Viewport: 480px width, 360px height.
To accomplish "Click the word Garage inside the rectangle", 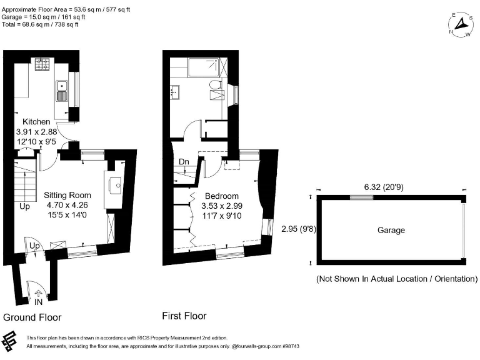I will click(x=391, y=230).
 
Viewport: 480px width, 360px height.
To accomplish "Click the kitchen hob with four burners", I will click(x=44, y=63).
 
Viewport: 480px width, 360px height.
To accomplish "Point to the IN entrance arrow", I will click(x=37, y=292).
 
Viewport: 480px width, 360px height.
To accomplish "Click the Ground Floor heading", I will click(x=32, y=317).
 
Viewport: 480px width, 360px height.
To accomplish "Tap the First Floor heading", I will click(x=184, y=316).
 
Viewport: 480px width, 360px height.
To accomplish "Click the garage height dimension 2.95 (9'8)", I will click(x=299, y=229).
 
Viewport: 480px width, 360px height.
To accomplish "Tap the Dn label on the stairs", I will click(x=184, y=162).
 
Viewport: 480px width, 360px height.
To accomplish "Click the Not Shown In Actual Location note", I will click(x=397, y=279).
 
